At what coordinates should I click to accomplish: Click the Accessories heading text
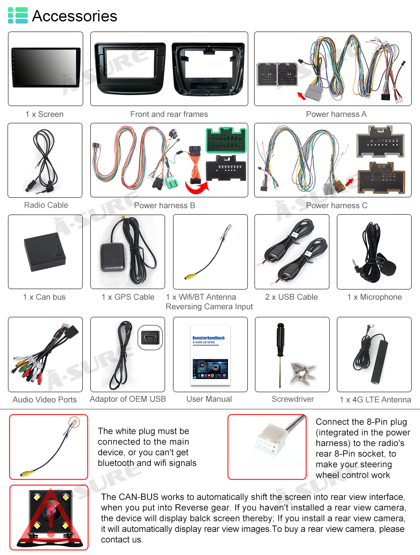[x=74, y=16]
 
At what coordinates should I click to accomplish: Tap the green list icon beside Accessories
[x=18, y=15]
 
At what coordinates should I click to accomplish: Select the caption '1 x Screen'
[x=45, y=114]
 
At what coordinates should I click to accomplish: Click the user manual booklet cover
[x=210, y=354]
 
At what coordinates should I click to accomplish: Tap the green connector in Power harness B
[x=226, y=140]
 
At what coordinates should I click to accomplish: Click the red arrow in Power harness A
[x=301, y=96]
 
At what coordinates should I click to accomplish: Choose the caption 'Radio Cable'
[x=46, y=205]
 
